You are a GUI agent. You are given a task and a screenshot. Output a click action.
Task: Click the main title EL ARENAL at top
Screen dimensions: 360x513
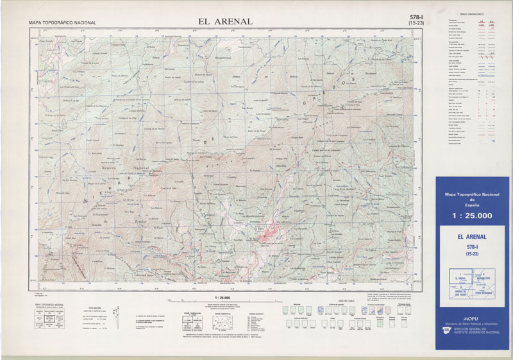(225, 21)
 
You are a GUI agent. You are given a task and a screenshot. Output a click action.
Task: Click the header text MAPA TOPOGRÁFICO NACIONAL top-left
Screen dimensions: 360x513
(62, 23)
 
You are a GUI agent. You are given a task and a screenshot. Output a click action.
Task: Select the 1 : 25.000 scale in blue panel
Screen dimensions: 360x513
(472, 216)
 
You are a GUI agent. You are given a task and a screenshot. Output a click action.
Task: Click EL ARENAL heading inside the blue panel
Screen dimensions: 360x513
(472, 237)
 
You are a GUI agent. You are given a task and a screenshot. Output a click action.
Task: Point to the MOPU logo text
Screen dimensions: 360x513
(471, 318)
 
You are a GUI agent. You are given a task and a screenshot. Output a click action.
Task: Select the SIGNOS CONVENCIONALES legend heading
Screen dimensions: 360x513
(471, 14)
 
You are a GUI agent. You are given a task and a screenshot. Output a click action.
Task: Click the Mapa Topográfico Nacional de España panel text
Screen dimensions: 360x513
(472, 197)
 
